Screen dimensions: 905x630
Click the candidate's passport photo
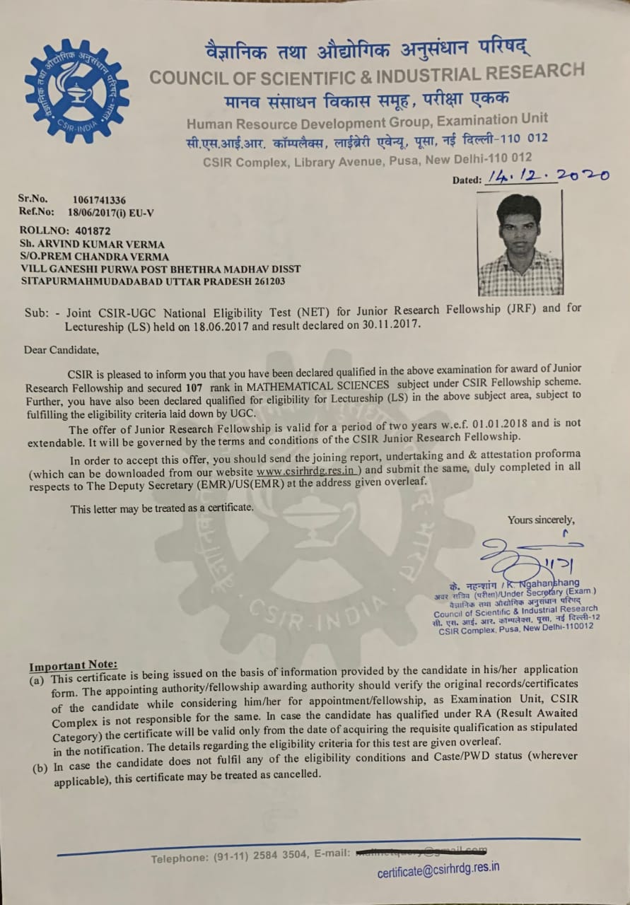520,244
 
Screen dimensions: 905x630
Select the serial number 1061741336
99,200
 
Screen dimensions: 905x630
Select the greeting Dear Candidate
62,349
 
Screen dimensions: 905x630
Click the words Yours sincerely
541,520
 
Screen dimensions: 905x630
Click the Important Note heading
73,665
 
